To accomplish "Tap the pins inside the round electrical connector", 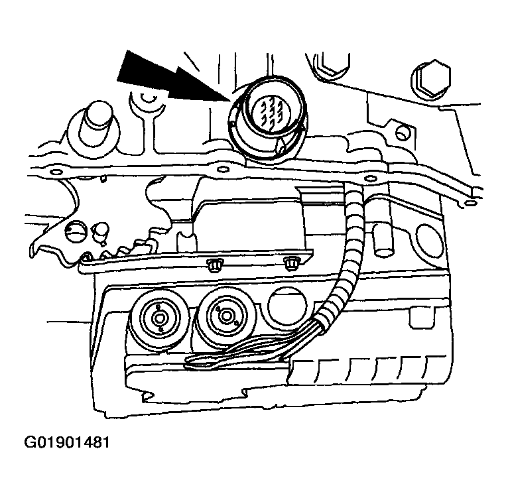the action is point(268,113).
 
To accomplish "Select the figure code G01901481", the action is point(67,442).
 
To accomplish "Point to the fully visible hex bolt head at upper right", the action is point(431,80).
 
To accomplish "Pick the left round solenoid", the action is point(159,318).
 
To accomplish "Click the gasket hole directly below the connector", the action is point(223,170).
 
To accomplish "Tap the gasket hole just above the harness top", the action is point(369,178).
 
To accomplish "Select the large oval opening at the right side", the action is point(428,241).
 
